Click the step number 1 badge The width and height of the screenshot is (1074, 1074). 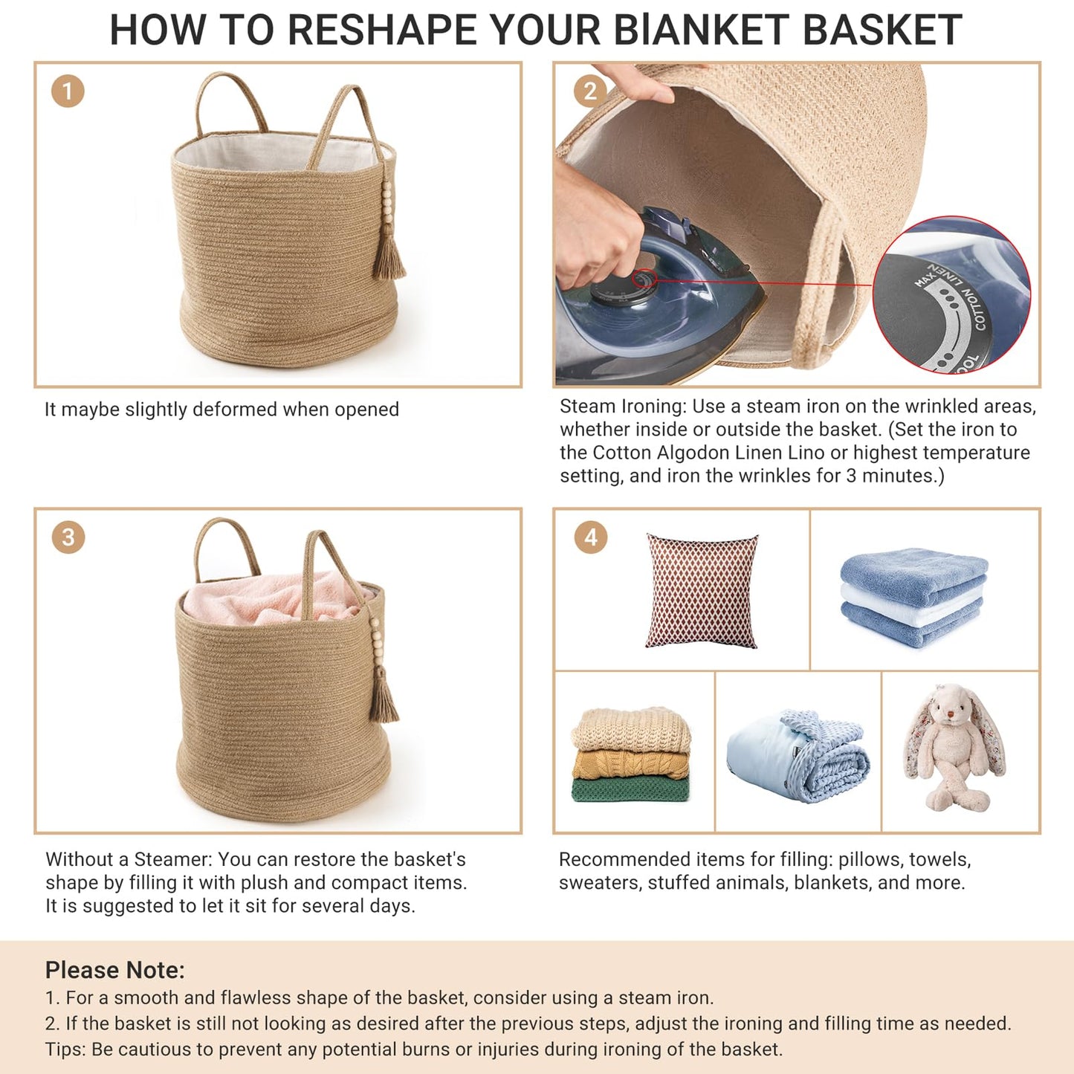coord(68,91)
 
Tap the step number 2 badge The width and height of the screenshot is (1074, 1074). coord(590,91)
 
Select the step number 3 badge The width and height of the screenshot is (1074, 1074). coord(68,537)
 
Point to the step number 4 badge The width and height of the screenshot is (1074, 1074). coord(590,537)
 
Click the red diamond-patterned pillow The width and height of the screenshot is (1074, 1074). coord(702,591)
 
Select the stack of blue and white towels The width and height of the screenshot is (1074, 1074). coord(913,597)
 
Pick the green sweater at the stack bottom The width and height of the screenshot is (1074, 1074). coord(630,789)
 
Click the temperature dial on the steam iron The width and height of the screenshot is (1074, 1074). coord(623,290)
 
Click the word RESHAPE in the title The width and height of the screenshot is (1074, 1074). coord(384,30)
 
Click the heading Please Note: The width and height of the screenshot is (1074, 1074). coord(114,970)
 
